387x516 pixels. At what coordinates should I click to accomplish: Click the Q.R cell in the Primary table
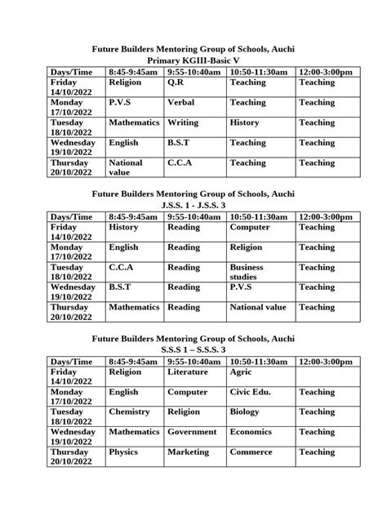click(176, 83)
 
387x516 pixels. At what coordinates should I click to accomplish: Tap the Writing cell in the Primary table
click(183, 122)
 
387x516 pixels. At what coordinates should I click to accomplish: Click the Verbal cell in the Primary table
click(180, 103)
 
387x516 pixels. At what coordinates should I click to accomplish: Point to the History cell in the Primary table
click(244, 122)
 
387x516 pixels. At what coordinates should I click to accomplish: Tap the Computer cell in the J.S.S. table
click(251, 227)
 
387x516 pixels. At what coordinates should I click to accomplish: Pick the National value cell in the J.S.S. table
click(258, 307)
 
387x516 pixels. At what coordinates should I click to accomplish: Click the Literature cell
click(188, 371)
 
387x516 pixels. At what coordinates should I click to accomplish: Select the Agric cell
click(242, 371)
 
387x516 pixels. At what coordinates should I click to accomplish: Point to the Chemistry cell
click(129, 411)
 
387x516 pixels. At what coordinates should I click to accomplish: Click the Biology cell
click(245, 411)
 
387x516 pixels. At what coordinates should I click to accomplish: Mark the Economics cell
click(251, 432)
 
